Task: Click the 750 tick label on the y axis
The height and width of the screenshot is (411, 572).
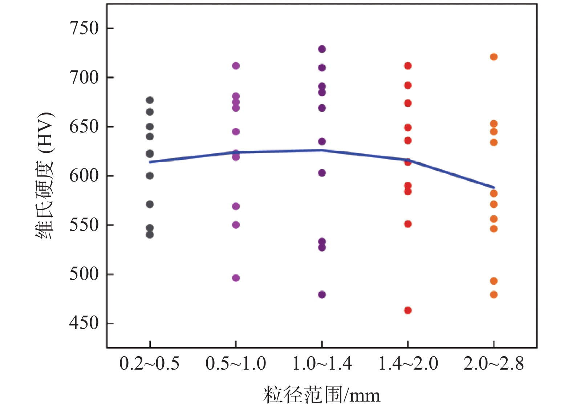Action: (84, 28)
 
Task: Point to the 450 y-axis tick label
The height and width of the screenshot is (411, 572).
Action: (84, 323)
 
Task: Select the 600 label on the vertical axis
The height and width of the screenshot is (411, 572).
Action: (84, 176)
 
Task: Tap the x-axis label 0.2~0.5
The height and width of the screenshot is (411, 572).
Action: (149, 363)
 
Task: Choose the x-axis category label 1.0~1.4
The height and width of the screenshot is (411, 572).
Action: (322, 363)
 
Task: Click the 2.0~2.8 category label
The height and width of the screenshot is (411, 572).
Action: (494, 363)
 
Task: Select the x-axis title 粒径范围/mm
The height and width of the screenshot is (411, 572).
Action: (321, 395)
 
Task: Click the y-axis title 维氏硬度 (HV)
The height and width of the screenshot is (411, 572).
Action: (45, 176)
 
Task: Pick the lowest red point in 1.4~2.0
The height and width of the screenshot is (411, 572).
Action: (408, 310)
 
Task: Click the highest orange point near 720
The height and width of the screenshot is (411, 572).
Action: (494, 57)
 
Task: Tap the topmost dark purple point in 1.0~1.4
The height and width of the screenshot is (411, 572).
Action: (322, 49)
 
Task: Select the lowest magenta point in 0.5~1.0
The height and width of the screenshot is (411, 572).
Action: (236, 278)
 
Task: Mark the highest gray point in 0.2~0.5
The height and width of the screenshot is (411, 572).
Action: (150, 100)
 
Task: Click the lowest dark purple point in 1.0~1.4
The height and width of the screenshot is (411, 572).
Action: (322, 294)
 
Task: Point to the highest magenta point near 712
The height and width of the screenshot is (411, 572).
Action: (236, 66)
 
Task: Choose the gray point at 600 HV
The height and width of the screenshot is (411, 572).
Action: (150, 176)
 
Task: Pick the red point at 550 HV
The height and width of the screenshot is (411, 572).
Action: (408, 224)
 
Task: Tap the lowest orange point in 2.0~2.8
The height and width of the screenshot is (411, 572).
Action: (494, 294)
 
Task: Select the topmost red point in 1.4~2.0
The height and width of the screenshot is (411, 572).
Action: (408, 66)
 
